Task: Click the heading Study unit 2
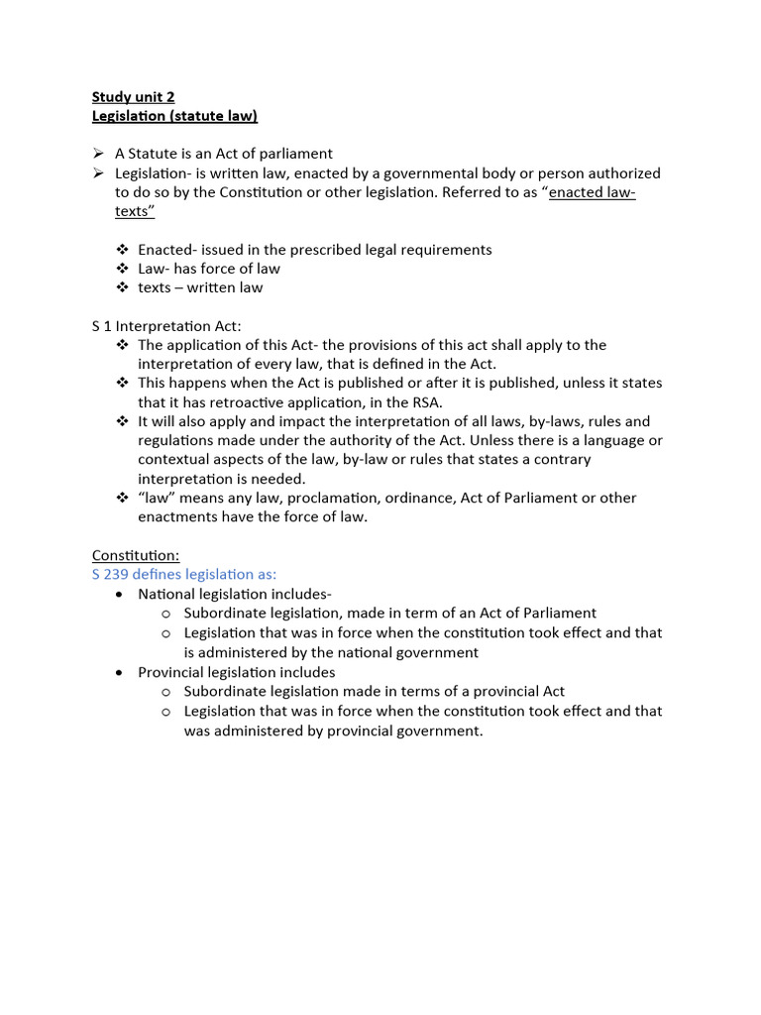coord(133,96)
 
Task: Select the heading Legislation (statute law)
coord(174,116)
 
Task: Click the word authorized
coord(616,173)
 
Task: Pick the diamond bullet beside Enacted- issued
coord(122,250)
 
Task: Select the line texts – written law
coord(200,287)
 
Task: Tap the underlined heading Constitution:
coord(136,556)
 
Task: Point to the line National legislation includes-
coord(235,594)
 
